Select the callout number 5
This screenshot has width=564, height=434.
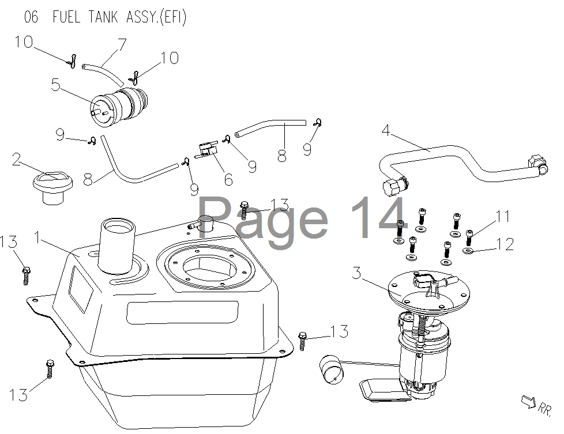click(55, 85)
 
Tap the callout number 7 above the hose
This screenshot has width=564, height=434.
click(122, 44)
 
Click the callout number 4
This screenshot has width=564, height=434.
click(386, 130)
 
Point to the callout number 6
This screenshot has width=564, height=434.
click(228, 179)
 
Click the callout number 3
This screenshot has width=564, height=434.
click(356, 273)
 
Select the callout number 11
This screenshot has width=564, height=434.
click(503, 217)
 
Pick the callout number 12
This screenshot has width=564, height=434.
click(505, 244)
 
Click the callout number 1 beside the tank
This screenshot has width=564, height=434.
click(37, 237)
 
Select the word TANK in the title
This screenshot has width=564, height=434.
click(103, 17)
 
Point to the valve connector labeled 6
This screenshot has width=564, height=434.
click(207, 150)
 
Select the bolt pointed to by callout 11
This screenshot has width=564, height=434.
click(469, 237)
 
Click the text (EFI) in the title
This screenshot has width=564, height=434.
click(173, 17)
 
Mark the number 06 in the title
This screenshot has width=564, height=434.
click(31, 17)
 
